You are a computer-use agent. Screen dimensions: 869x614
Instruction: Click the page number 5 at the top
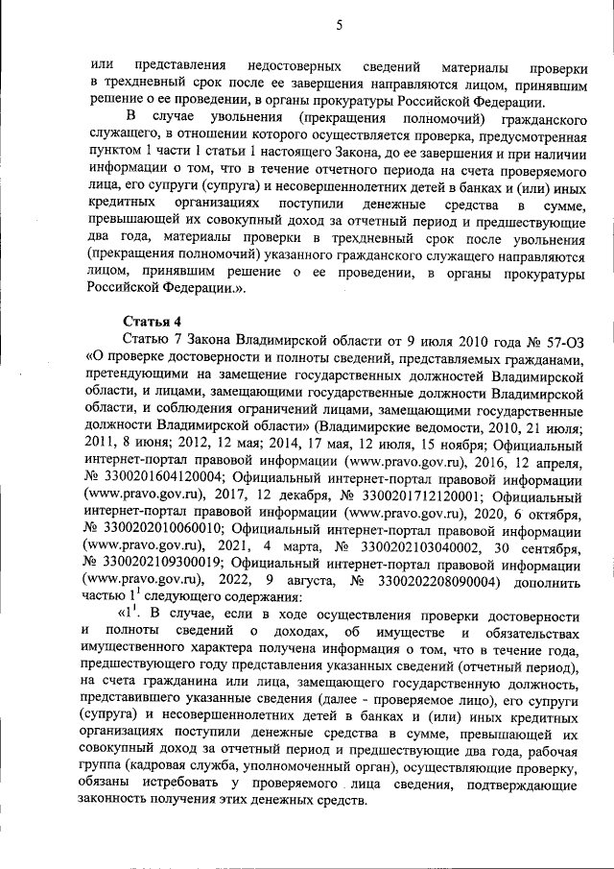(x=340, y=26)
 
